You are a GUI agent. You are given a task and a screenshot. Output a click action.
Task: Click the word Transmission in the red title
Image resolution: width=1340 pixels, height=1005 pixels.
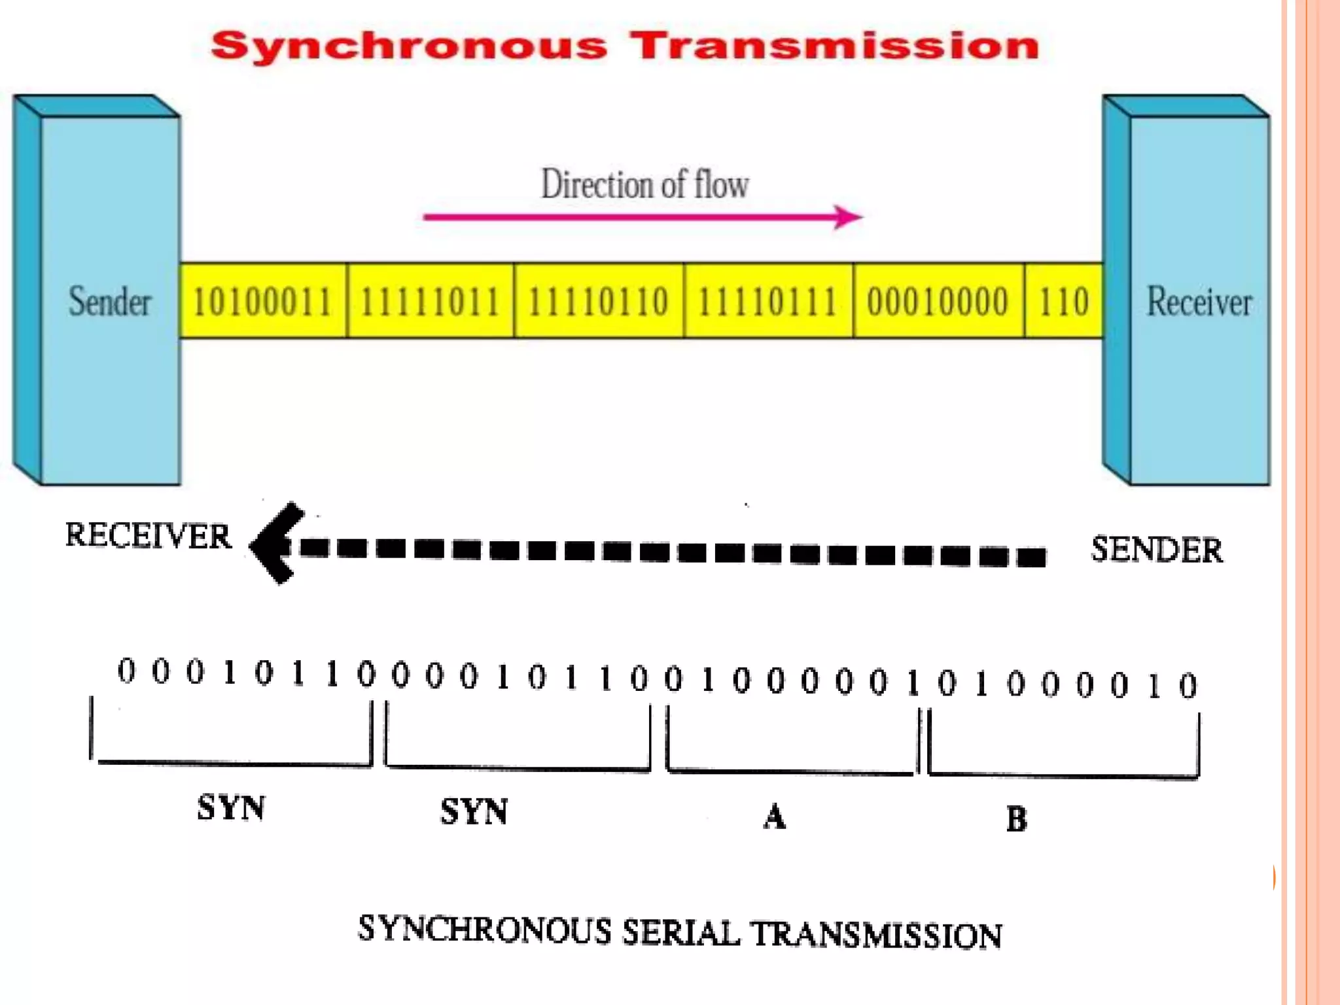pyautogui.click(x=836, y=46)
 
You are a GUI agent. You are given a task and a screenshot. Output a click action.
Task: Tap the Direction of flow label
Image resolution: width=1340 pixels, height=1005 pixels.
pyautogui.click(x=644, y=184)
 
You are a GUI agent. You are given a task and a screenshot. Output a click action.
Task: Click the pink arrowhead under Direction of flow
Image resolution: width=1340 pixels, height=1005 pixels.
pyautogui.click(x=849, y=217)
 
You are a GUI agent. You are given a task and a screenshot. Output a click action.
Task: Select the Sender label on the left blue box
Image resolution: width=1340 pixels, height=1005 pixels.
pyautogui.click(x=110, y=302)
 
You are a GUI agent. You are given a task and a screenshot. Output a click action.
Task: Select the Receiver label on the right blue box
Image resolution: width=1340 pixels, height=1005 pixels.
pyautogui.click(x=1199, y=302)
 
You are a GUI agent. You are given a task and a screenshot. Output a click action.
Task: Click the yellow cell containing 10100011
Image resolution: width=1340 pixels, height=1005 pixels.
pyautogui.click(x=263, y=302)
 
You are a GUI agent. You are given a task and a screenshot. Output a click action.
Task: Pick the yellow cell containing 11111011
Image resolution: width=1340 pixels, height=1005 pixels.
pyautogui.click(x=431, y=302)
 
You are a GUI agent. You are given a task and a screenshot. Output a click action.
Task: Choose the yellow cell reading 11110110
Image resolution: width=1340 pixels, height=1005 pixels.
pyautogui.click(x=599, y=302)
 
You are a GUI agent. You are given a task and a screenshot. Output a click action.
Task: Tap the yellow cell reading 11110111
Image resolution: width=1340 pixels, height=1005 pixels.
pyautogui.click(x=768, y=302)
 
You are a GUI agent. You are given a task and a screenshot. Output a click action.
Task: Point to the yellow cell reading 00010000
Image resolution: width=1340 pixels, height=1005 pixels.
pyautogui.click(x=938, y=302)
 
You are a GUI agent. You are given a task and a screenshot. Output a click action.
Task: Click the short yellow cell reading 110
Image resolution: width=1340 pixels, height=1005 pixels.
pyautogui.click(x=1064, y=302)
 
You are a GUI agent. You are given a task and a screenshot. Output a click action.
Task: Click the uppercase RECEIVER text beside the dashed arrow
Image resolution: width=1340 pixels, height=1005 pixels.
pyautogui.click(x=149, y=536)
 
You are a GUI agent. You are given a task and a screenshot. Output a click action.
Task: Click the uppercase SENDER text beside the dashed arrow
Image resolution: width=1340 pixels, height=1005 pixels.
pyautogui.click(x=1157, y=550)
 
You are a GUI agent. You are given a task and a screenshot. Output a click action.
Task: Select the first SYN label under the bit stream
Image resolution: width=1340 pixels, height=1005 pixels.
pyautogui.click(x=232, y=807)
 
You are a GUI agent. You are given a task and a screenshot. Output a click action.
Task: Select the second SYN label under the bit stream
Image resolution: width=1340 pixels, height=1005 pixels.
pyautogui.click(x=474, y=812)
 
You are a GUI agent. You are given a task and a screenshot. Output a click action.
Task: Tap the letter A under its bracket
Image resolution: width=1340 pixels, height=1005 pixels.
pyautogui.click(x=775, y=817)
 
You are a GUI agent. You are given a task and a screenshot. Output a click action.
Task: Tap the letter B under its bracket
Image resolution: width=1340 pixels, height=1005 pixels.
pyautogui.click(x=1017, y=819)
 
